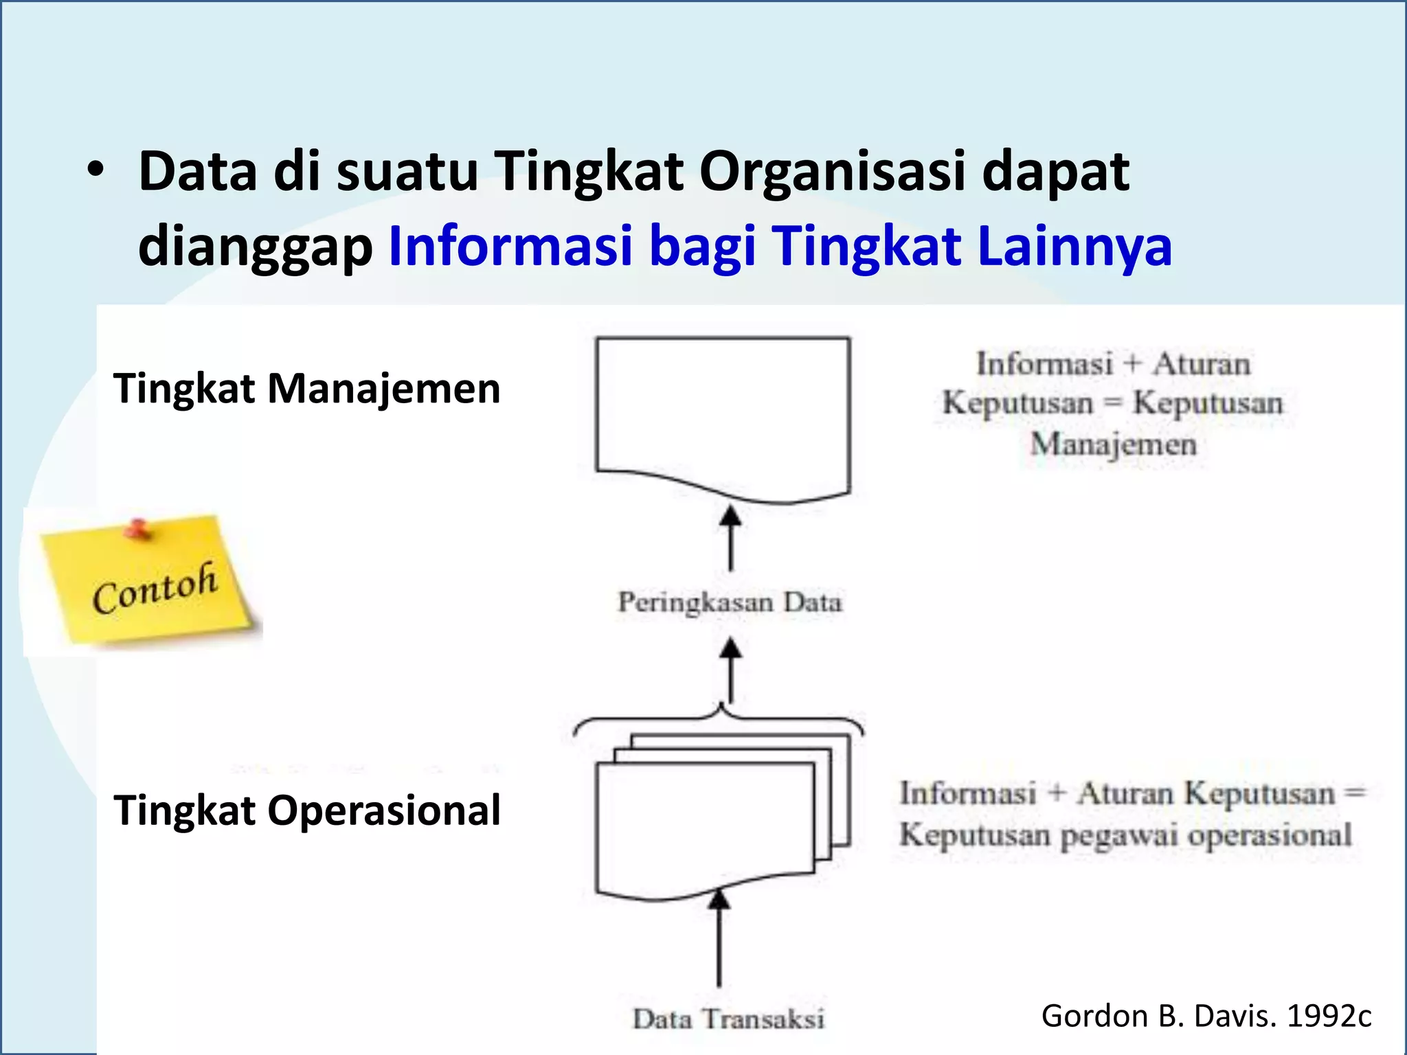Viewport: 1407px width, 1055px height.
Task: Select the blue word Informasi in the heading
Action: click(510, 246)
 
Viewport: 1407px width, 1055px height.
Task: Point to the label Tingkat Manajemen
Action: click(306, 389)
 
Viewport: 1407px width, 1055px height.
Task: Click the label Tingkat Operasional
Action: click(306, 810)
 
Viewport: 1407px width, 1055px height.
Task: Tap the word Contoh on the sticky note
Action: click(155, 589)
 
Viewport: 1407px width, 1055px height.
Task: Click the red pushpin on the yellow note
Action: click(138, 529)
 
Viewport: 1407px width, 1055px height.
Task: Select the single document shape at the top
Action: click(723, 412)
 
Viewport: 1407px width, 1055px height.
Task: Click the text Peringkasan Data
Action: click(730, 602)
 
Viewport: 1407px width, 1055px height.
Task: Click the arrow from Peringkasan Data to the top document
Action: click(730, 539)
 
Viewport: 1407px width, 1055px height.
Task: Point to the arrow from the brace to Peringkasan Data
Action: click(730, 671)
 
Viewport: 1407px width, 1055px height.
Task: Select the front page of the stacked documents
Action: click(704, 824)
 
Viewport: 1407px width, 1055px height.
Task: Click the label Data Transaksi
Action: click(728, 1019)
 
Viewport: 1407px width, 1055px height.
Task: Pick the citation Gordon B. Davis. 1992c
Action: click(1206, 1016)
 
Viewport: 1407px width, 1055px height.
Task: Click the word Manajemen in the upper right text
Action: click(1113, 444)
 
